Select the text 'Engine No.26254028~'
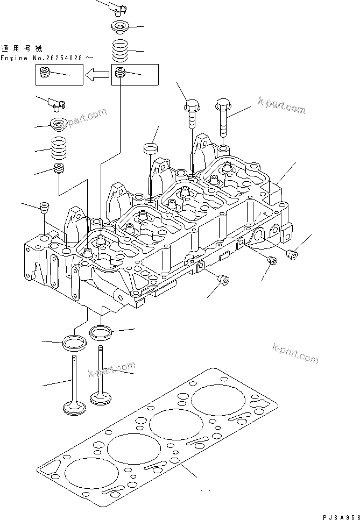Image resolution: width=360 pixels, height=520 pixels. (x=49, y=57)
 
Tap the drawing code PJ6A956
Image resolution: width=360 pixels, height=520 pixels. (x=341, y=516)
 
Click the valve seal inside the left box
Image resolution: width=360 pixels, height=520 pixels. (x=45, y=73)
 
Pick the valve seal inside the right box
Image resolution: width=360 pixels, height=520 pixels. (x=121, y=72)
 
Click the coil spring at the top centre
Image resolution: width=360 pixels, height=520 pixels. (x=121, y=51)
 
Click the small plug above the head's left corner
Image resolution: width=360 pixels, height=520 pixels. (x=43, y=206)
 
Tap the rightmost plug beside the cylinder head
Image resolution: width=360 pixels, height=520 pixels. (x=293, y=255)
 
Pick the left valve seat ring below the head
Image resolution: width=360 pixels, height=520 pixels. (x=75, y=342)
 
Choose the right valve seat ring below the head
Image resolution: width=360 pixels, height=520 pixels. (x=101, y=332)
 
